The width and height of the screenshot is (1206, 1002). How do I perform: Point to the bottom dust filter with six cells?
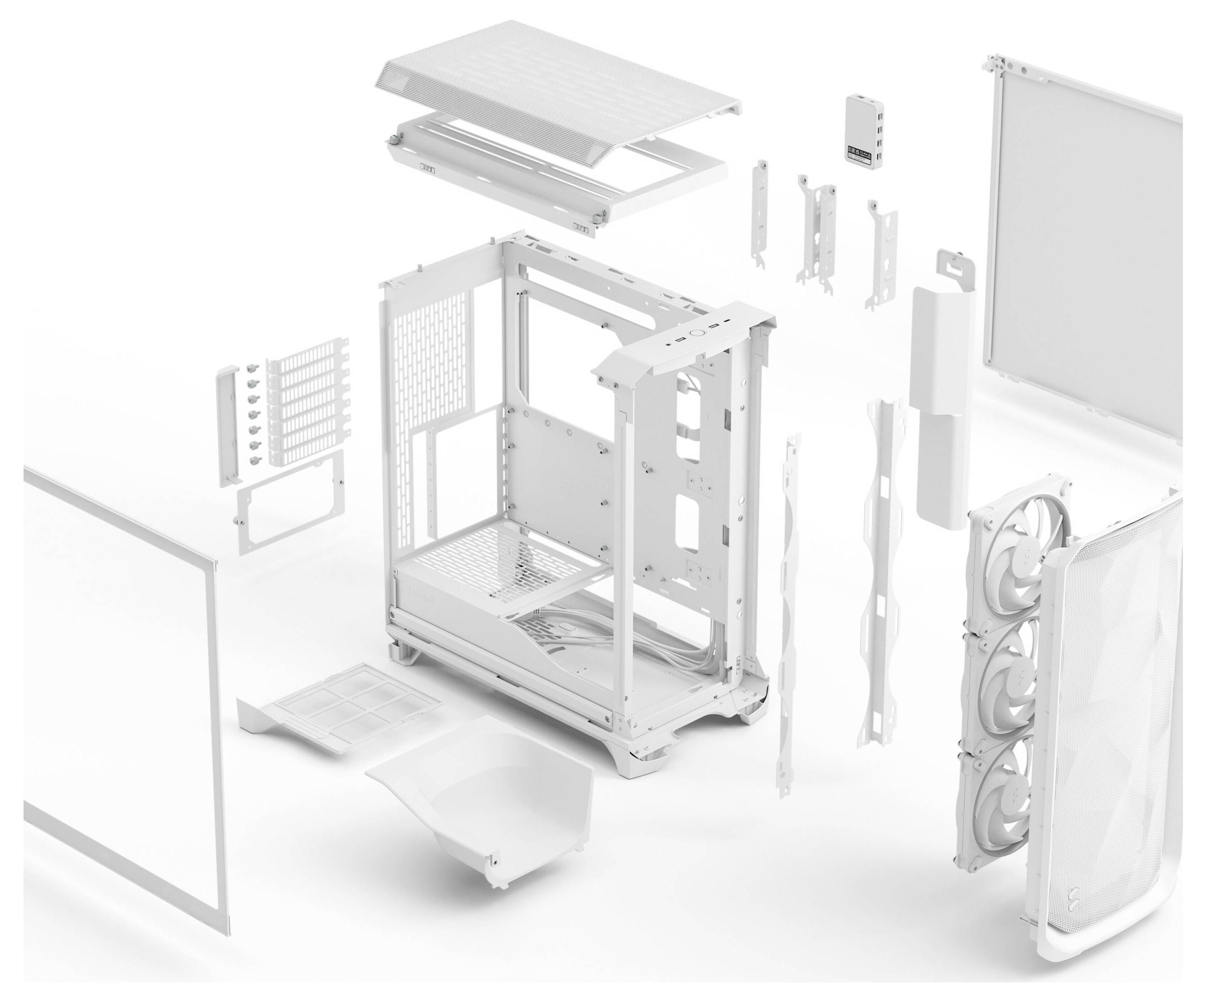point(351,701)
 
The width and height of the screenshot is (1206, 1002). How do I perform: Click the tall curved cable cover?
point(939,402)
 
